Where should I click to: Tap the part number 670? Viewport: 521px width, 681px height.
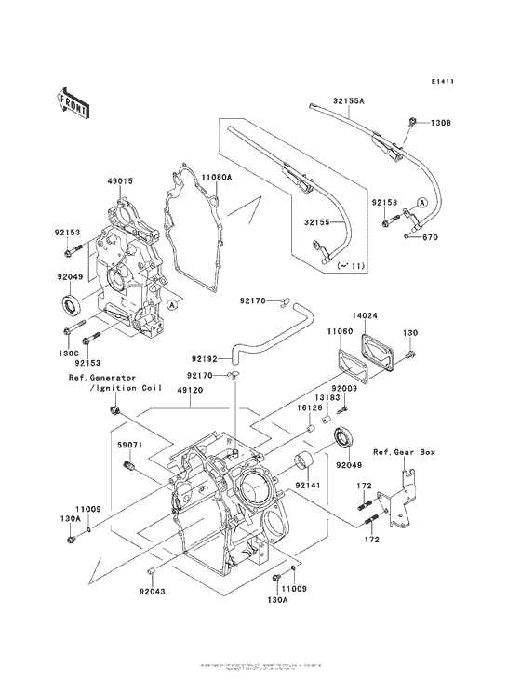[x=430, y=237]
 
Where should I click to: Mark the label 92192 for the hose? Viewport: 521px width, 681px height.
[x=207, y=356]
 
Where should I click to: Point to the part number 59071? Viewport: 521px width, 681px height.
[x=129, y=445]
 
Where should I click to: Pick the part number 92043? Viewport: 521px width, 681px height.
[x=154, y=590]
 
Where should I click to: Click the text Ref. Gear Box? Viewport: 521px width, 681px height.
[x=405, y=452]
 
